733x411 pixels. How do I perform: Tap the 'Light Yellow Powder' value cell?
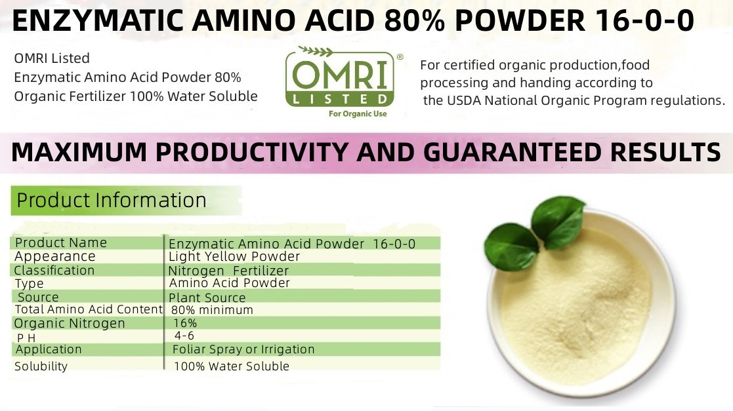234,256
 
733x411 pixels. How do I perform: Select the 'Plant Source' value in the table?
207,298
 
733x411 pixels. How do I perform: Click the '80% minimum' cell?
212,309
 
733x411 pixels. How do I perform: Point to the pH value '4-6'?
184,336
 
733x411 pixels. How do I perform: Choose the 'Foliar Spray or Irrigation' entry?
243,349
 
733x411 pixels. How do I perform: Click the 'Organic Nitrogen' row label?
70,323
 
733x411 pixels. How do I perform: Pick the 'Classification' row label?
54,271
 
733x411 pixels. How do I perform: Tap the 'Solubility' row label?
41,366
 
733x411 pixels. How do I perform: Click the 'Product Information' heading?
112,201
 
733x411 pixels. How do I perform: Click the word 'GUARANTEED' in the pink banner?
511,152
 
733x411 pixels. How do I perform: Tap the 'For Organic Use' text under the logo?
358,114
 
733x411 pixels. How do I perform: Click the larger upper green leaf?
558,222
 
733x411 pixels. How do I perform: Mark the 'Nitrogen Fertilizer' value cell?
228,271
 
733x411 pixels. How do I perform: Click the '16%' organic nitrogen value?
185,323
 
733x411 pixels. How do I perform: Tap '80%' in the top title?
415,20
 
